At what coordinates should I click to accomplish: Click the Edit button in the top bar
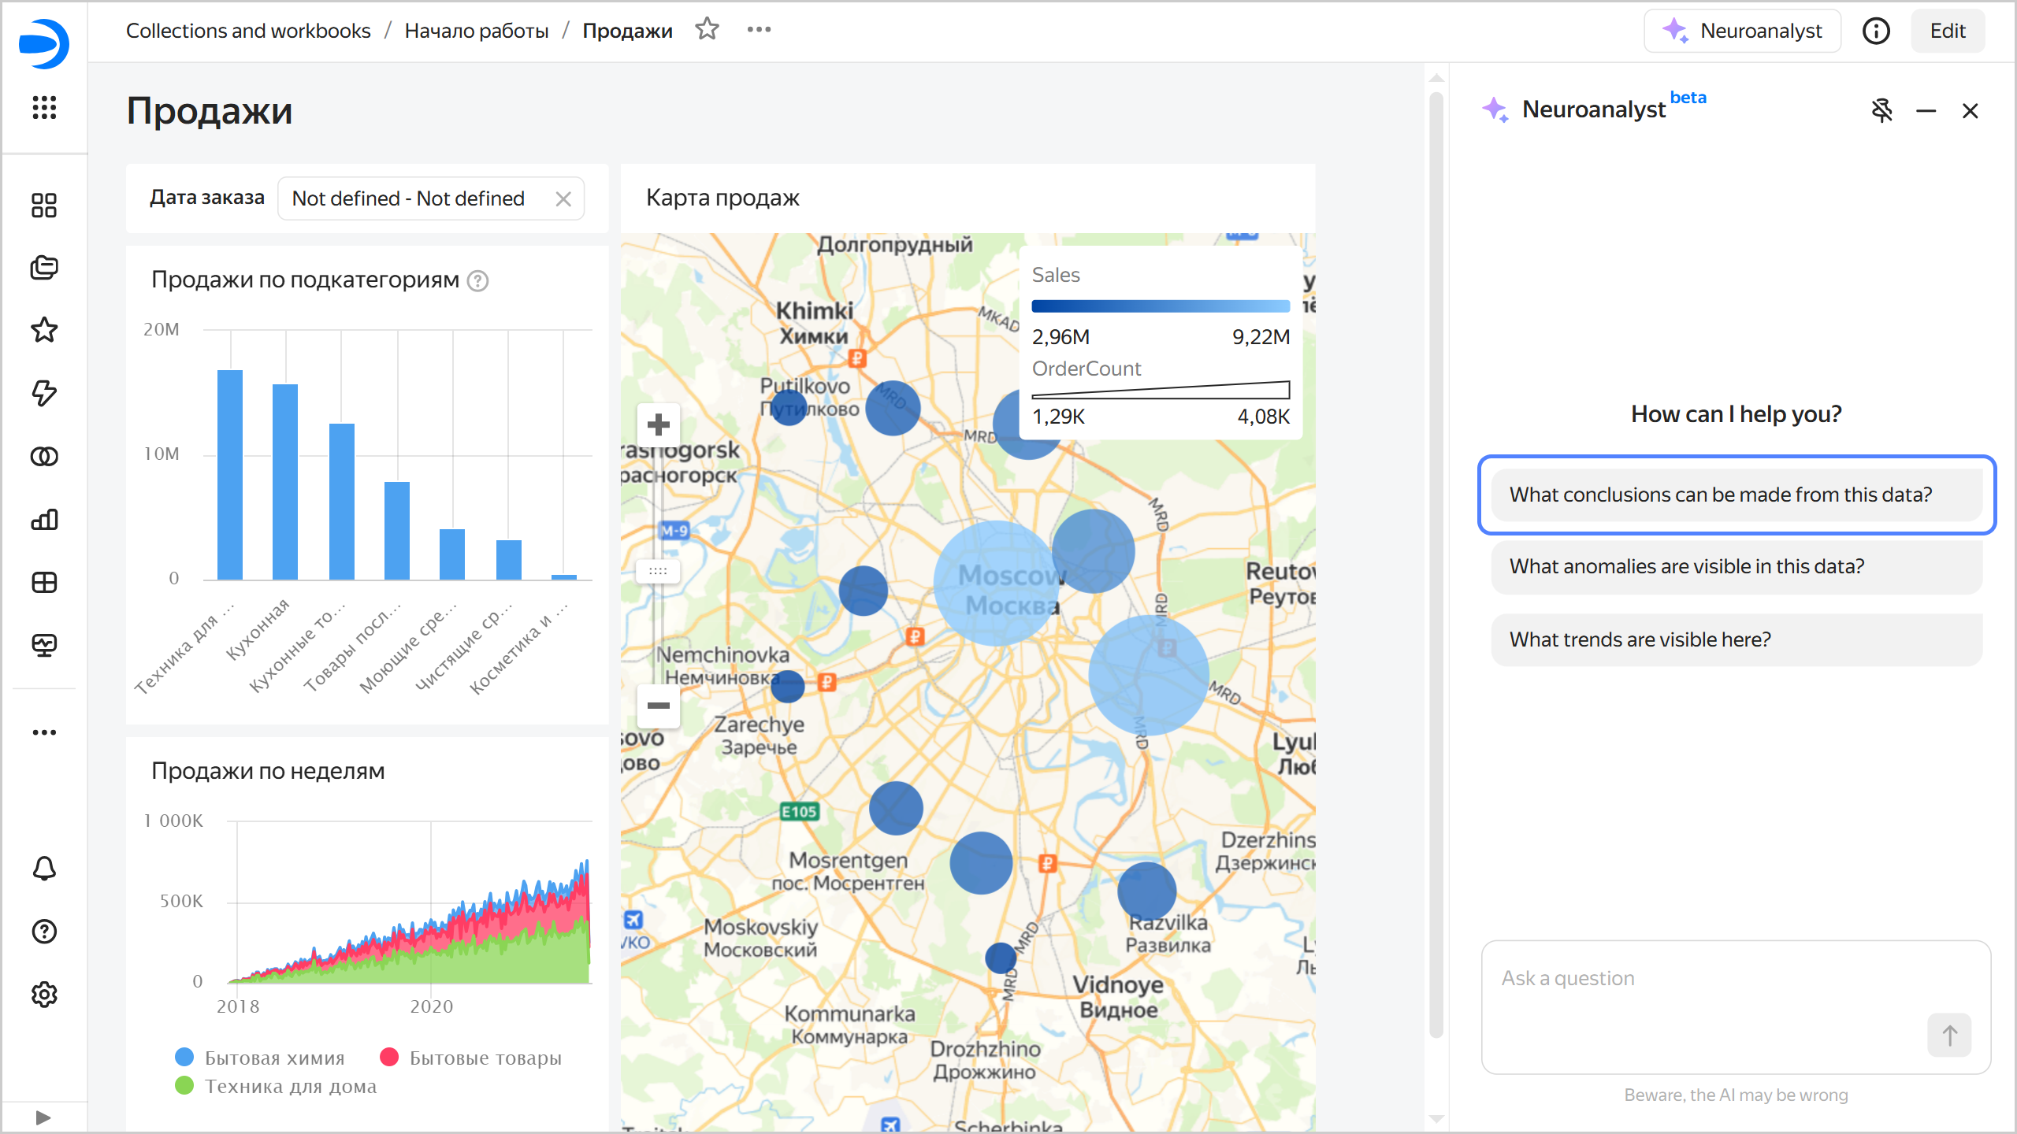(x=1947, y=31)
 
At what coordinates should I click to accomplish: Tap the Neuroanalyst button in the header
(x=1742, y=31)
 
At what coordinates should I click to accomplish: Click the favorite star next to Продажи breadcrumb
(x=707, y=29)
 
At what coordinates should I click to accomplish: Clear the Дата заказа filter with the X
(x=563, y=198)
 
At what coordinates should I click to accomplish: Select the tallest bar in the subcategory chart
(x=230, y=474)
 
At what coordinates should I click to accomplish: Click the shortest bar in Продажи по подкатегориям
(x=564, y=576)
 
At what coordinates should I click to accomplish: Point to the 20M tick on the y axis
(x=162, y=329)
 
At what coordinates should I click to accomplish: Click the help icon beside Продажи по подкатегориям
(x=478, y=281)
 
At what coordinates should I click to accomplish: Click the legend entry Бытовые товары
(x=471, y=1058)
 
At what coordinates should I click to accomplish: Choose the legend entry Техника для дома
(x=276, y=1086)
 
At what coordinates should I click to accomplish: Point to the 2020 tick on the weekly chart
(x=431, y=1006)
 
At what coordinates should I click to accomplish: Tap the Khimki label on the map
(x=815, y=311)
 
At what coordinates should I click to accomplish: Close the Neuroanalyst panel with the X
(x=1970, y=111)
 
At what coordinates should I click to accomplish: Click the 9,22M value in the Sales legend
(x=1261, y=337)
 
